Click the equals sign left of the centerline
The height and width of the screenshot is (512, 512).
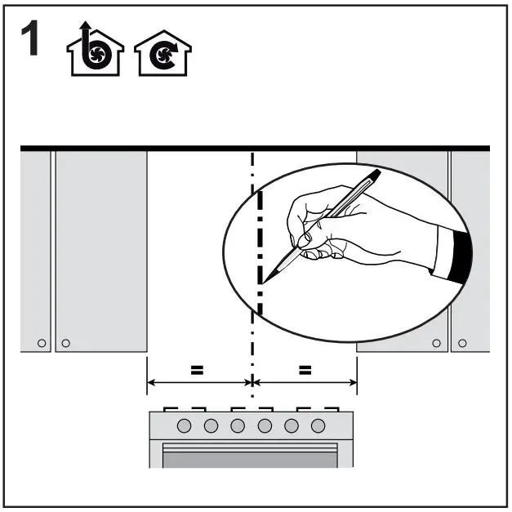(196, 369)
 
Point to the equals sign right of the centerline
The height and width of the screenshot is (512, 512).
(305, 369)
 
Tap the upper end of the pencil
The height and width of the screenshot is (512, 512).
(376, 173)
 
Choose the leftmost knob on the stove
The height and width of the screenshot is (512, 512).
(184, 425)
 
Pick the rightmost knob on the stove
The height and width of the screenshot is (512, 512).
(318, 425)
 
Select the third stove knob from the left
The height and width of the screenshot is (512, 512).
(238, 425)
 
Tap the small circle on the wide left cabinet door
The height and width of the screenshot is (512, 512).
(66, 342)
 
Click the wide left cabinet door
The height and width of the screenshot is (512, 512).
(100, 245)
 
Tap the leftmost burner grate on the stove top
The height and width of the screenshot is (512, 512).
(172, 408)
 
